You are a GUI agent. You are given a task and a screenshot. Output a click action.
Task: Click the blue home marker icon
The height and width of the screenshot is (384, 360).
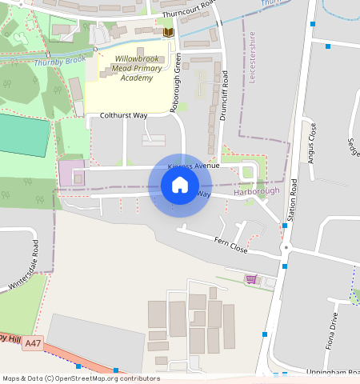tap(180, 186)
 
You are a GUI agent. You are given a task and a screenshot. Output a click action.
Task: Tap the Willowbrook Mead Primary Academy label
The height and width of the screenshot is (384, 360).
tap(133, 70)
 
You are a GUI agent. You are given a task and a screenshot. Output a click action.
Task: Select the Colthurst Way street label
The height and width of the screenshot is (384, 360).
tap(124, 116)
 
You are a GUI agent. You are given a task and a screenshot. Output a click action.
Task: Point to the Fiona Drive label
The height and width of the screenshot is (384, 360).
tap(334, 326)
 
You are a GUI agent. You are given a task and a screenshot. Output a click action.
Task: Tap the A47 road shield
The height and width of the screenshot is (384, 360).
tap(32, 343)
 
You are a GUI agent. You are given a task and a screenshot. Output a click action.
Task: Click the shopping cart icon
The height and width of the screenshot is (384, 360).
tap(251, 279)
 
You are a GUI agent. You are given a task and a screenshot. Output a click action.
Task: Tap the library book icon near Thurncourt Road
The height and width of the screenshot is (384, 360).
tap(168, 32)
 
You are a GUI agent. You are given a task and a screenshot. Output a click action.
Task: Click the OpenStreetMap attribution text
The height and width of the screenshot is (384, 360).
tap(81, 378)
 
